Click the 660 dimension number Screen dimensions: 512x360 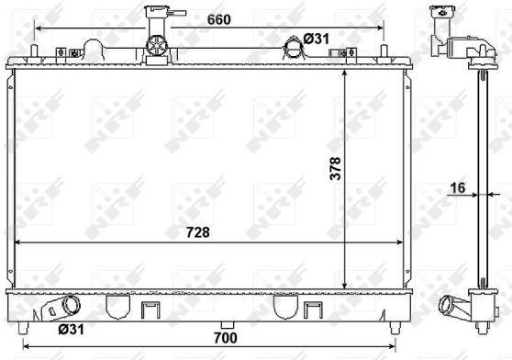218,19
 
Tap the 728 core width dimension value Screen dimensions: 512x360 198,232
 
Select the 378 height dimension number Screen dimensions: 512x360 335,169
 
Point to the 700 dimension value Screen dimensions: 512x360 226,338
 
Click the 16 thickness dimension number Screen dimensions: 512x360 458,188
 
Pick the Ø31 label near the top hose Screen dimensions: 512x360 316,39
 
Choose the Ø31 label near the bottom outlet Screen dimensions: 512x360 72,330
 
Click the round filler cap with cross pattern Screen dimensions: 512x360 156,45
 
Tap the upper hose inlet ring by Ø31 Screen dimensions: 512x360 294,49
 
